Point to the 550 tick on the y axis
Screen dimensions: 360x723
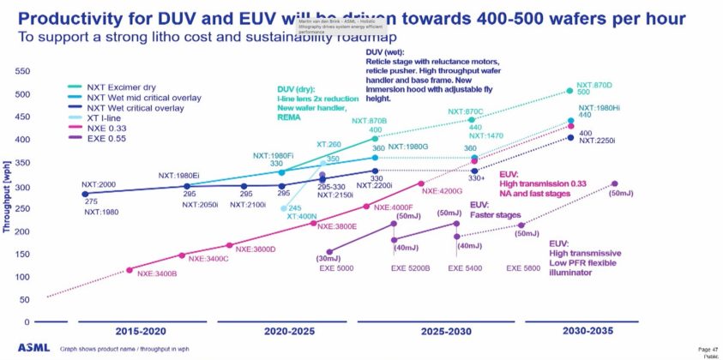coord(23,72)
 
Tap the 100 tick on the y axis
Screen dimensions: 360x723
coord(23,277)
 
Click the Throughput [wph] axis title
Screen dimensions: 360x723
coord(8,197)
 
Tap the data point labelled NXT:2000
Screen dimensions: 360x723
coord(86,194)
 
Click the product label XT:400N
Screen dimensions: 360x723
coord(303,217)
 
